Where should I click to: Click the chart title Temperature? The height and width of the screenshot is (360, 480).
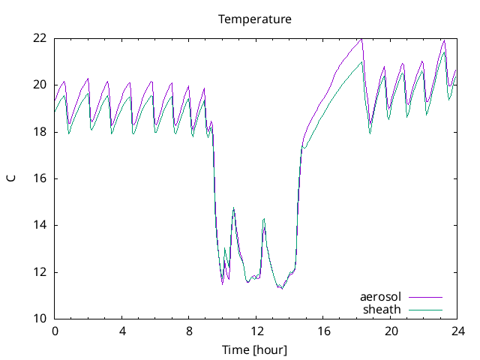[x=254, y=19]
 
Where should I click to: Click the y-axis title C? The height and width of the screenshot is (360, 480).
[x=11, y=178]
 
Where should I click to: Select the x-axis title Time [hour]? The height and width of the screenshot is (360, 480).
[x=254, y=349]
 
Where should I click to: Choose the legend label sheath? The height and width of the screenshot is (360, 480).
[x=382, y=309]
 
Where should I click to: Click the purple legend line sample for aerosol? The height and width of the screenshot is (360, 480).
[x=425, y=297]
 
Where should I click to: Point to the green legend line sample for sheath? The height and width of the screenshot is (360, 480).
[x=425, y=309]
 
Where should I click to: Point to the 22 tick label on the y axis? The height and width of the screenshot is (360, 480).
[x=40, y=38]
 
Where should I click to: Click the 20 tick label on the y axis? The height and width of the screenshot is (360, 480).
[x=40, y=85]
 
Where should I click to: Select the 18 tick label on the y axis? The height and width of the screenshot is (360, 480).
[x=40, y=132]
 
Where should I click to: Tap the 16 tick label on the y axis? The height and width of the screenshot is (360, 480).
[x=40, y=178]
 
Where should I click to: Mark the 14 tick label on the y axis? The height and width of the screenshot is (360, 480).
[x=40, y=225]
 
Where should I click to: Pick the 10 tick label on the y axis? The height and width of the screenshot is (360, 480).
[x=40, y=319]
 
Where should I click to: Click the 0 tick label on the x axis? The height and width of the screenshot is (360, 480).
[x=55, y=331]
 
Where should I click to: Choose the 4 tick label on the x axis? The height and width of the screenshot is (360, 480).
[x=122, y=331]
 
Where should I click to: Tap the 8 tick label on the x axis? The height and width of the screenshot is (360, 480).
[x=189, y=331]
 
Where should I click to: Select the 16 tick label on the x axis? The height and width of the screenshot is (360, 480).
[x=323, y=331]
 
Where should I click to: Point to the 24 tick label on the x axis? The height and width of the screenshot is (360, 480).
[x=457, y=331]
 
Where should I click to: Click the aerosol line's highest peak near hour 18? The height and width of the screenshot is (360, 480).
[x=361, y=39]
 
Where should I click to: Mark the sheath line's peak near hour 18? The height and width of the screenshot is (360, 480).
[x=362, y=61]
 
